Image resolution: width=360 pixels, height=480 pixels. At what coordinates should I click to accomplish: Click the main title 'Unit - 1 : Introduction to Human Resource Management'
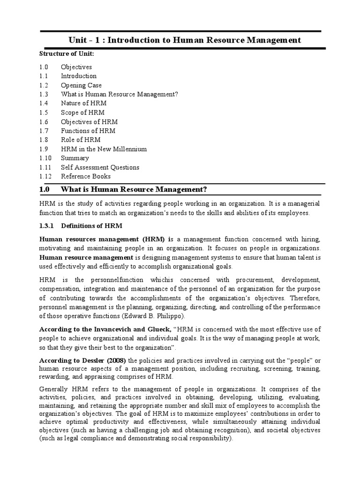pos(185,40)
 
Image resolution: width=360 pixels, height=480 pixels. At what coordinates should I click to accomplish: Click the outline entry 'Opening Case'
pos(80,85)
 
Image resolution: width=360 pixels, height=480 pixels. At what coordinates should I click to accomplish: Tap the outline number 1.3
pos(44,94)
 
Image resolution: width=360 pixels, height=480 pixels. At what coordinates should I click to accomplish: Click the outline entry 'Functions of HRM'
pos(88,131)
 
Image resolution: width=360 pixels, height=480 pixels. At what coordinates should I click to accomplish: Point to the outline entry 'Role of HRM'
pos(80,140)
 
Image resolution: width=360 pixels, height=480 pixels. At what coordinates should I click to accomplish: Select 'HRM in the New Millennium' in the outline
pos(104,149)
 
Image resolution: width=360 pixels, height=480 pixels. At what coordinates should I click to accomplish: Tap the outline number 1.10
pos(45,158)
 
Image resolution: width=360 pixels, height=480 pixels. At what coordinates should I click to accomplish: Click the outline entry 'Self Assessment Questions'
pos(100,167)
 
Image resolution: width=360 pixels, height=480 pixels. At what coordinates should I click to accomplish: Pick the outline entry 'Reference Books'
pos(86,176)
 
